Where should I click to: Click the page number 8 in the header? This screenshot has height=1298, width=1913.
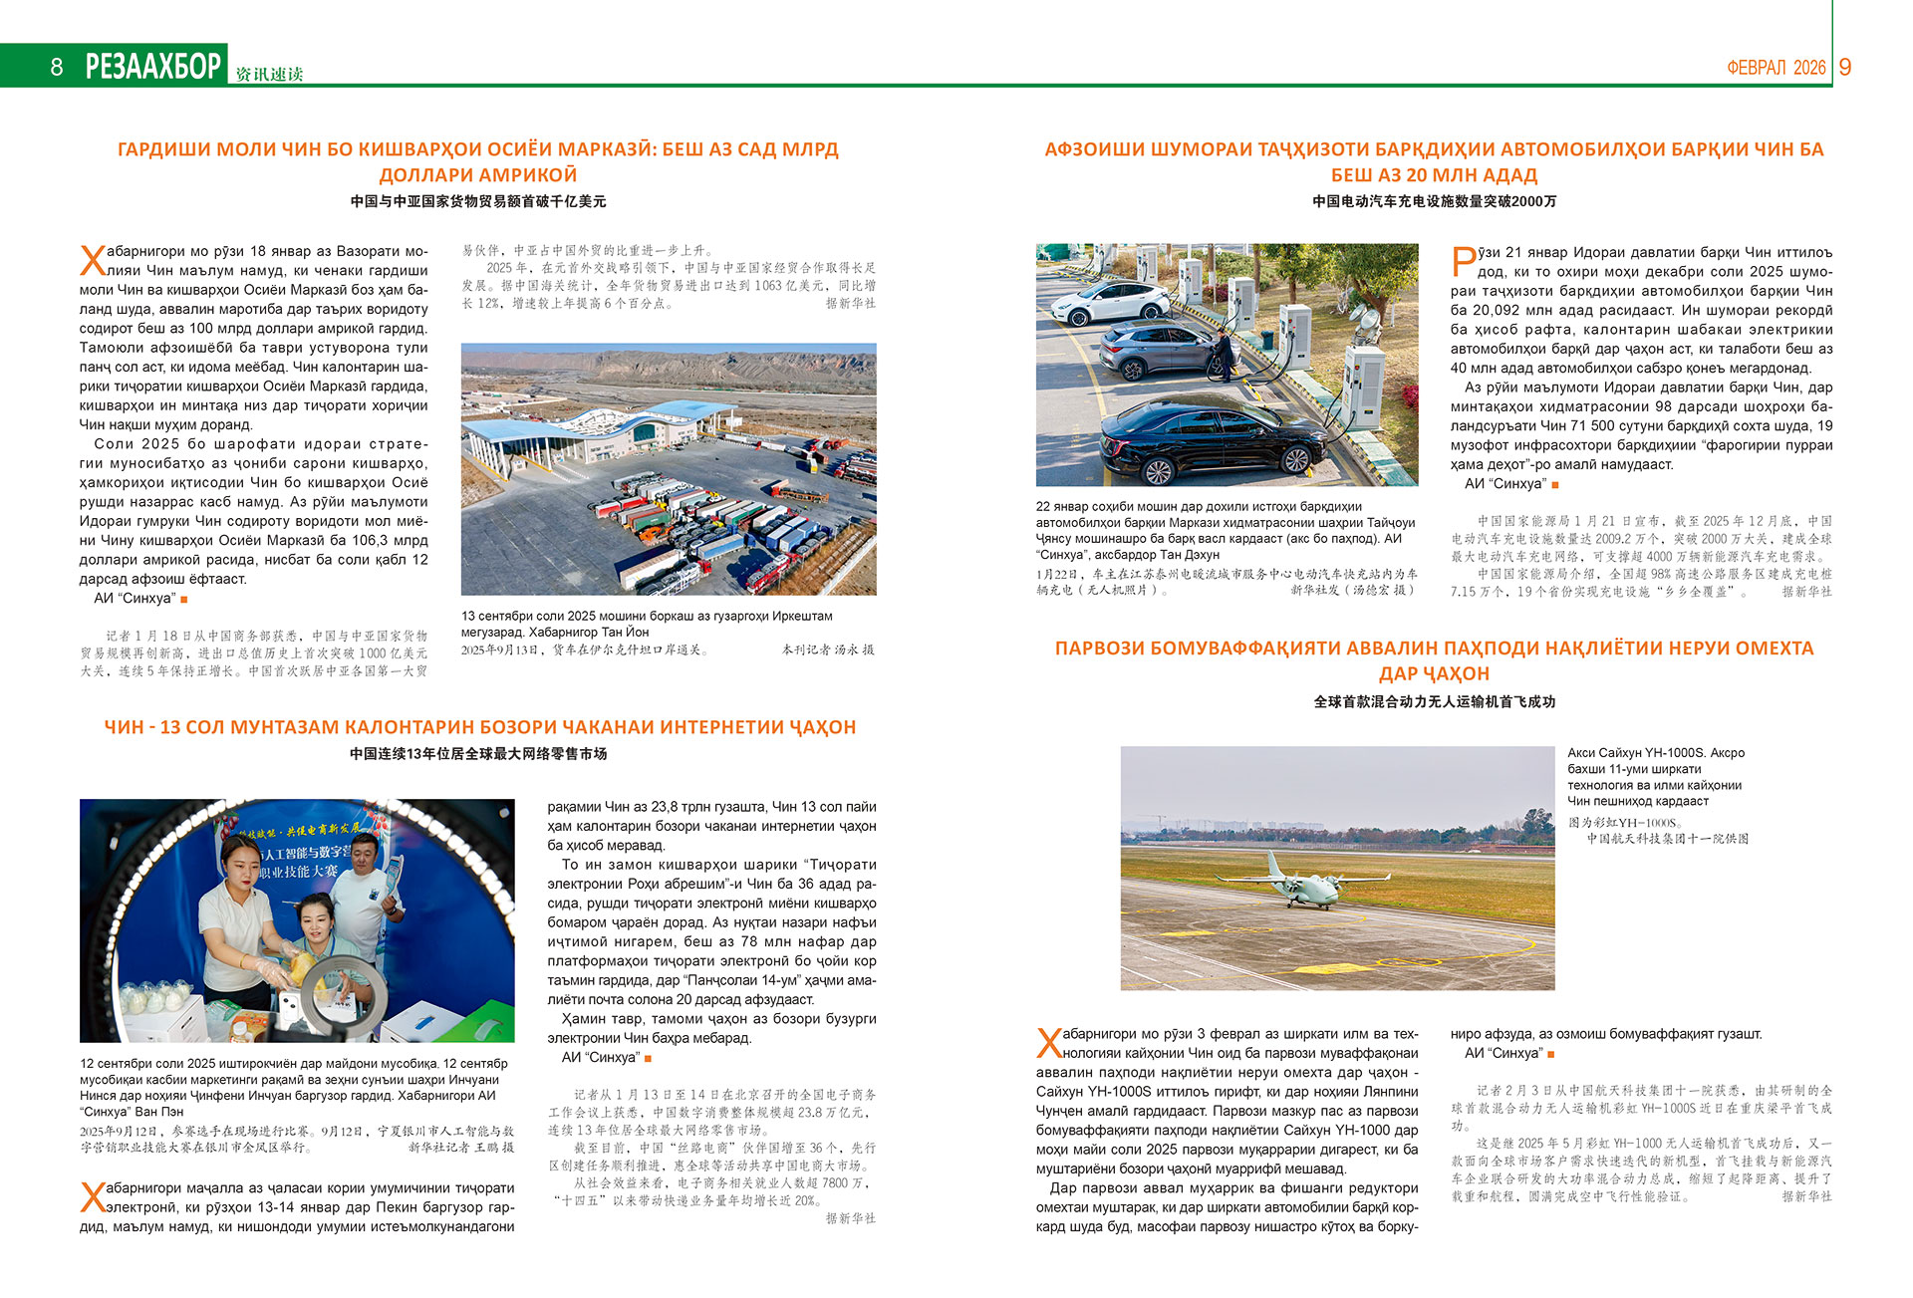(x=57, y=67)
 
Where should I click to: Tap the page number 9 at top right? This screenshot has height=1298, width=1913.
(x=1844, y=67)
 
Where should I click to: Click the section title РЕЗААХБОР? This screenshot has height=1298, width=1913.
(x=153, y=66)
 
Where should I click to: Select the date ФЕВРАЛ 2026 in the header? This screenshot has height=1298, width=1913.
(x=1776, y=68)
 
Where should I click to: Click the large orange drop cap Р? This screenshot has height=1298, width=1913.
(x=1463, y=262)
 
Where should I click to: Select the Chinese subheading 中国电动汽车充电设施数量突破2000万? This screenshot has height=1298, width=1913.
(x=1434, y=201)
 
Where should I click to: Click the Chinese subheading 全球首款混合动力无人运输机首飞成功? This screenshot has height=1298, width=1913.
(x=1434, y=702)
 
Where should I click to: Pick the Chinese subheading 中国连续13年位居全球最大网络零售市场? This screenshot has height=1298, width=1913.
(x=478, y=754)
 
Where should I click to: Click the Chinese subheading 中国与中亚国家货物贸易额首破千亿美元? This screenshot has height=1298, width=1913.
(x=478, y=201)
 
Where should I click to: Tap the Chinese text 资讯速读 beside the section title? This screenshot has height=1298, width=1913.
(x=269, y=75)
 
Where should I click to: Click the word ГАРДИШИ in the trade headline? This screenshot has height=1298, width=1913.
(x=165, y=149)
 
